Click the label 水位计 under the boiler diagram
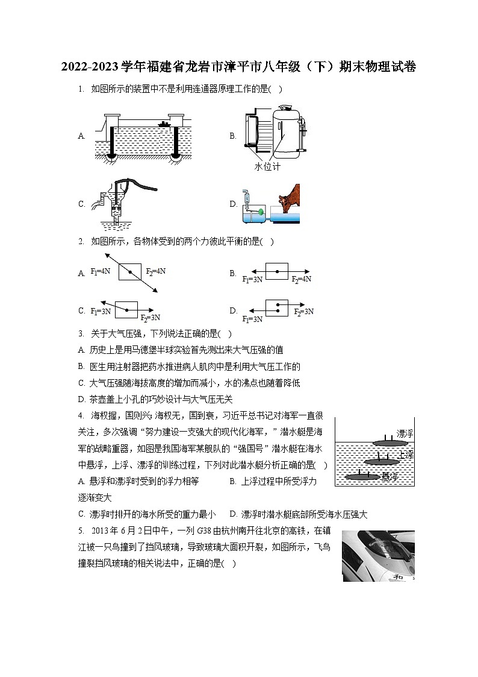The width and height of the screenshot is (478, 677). pyautogui.click(x=267, y=166)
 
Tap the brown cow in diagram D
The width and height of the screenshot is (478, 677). pyautogui.click(x=288, y=199)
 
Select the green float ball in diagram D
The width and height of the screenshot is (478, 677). pyautogui.click(x=259, y=212)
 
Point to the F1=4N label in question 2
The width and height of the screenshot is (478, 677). pyautogui.click(x=101, y=272)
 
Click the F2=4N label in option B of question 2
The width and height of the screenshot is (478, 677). pyautogui.click(x=301, y=280)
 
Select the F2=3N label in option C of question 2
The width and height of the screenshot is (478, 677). pyautogui.click(x=150, y=318)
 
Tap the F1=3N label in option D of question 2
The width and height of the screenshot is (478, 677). pyautogui.click(x=252, y=319)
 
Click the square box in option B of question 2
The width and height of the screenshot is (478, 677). pyautogui.click(x=277, y=271)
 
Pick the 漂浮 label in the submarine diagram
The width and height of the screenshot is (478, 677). pyautogui.click(x=405, y=433)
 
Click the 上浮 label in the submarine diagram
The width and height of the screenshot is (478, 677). pyautogui.click(x=406, y=455)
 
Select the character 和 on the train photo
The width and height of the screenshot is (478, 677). pyautogui.click(x=398, y=575)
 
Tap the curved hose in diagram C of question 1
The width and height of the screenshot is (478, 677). pyautogui.click(x=138, y=183)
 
